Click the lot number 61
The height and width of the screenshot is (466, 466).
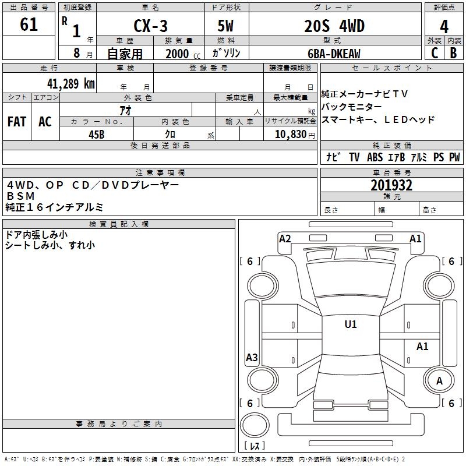click(x=29, y=25)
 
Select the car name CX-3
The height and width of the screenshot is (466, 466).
click(x=149, y=27)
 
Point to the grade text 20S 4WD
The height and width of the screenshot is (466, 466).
click(x=334, y=27)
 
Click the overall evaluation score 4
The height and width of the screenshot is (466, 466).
click(x=444, y=27)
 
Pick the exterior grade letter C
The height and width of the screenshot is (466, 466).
click(x=435, y=52)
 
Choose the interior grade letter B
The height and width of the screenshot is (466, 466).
click(x=453, y=52)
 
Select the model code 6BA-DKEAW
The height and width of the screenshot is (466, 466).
click(x=334, y=53)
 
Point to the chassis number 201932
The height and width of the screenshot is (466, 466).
click(x=391, y=185)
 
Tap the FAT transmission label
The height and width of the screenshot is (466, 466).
click(x=17, y=122)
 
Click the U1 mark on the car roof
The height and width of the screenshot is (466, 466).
click(x=350, y=324)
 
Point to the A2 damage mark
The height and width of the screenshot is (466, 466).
click(x=285, y=238)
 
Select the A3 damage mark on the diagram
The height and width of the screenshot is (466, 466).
click(x=252, y=358)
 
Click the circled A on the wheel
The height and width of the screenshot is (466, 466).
click(x=439, y=381)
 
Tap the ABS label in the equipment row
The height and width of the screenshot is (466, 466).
click(x=375, y=157)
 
